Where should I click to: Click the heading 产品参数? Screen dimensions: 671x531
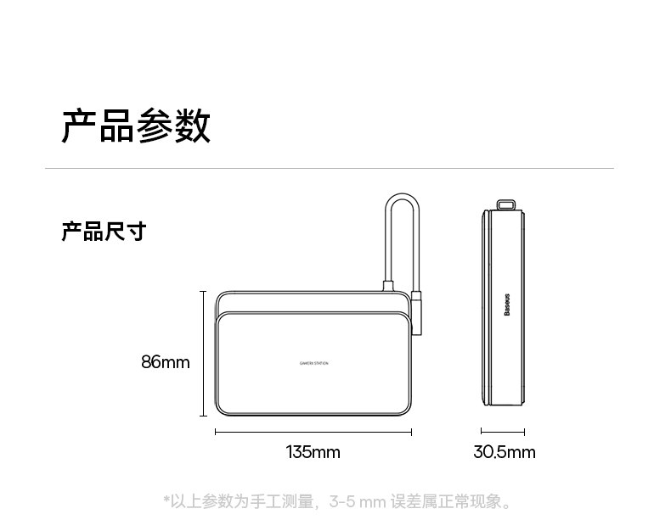click(x=136, y=126)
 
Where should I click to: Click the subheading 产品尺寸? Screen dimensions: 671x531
click(x=104, y=231)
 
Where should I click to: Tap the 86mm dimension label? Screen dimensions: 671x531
click(x=165, y=362)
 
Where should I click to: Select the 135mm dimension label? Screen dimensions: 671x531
click(x=313, y=452)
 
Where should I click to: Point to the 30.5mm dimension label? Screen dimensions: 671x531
click(x=504, y=452)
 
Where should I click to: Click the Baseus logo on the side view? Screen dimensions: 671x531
click(x=507, y=306)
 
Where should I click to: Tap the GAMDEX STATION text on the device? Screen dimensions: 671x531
click(x=313, y=363)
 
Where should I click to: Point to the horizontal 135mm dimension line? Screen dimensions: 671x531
click(x=313, y=432)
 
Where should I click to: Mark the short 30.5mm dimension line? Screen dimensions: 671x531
click(x=502, y=432)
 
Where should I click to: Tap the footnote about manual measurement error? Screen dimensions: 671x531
click(x=338, y=502)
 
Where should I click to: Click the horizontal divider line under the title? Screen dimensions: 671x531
click(x=329, y=168)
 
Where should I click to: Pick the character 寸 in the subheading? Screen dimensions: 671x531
click(x=136, y=231)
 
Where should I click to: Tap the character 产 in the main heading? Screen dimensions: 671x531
click(x=79, y=126)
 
